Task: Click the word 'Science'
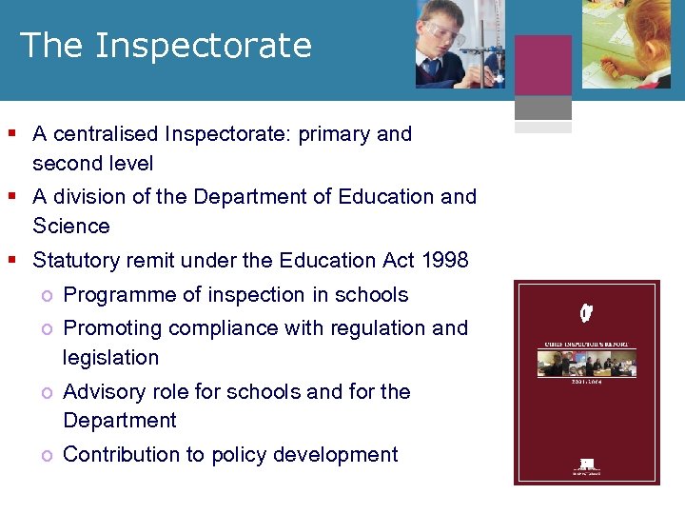point(71,227)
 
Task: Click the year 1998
point(446,260)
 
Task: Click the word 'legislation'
point(110,358)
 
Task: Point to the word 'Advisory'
point(102,392)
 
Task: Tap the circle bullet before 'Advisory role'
point(46,392)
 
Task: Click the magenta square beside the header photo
point(543,66)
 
